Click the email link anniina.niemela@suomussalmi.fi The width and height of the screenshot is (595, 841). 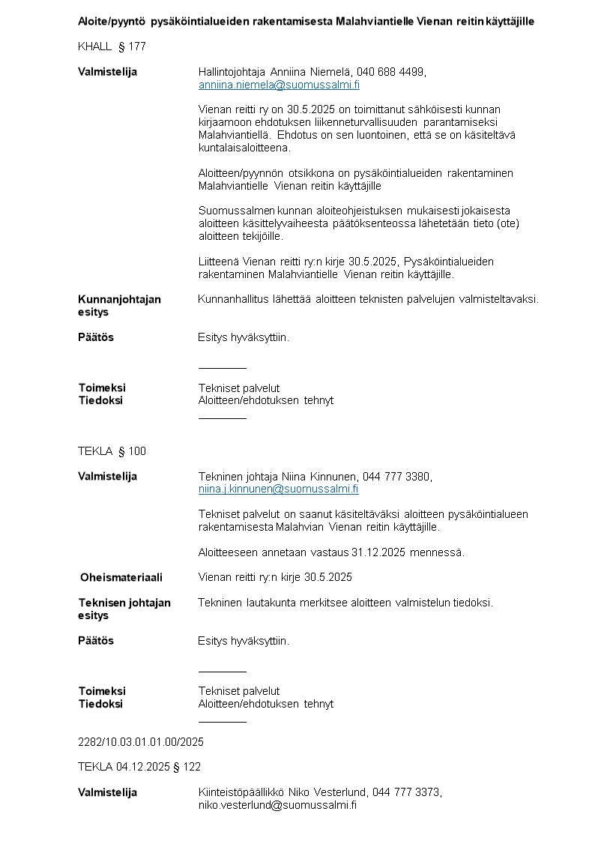coord(279,85)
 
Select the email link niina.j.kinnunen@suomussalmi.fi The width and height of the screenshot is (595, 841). coord(278,489)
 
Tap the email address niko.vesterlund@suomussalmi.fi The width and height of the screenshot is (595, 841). coord(277,805)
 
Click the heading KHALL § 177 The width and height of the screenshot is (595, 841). coord(112,46)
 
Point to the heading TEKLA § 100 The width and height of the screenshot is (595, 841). coord(112,451)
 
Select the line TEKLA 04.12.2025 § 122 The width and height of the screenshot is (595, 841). coord(139,767)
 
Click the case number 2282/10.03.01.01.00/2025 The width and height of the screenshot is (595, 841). coord(141,742)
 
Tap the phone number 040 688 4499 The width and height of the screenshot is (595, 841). coord(390,72)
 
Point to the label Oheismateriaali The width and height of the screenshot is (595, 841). coord(121,577)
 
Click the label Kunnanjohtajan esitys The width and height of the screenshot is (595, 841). coord(119,305)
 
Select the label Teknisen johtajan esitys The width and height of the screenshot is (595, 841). coord(124,609)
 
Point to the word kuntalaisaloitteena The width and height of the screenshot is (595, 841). coord(244,148)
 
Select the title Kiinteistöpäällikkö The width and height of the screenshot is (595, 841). coord(241,792)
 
